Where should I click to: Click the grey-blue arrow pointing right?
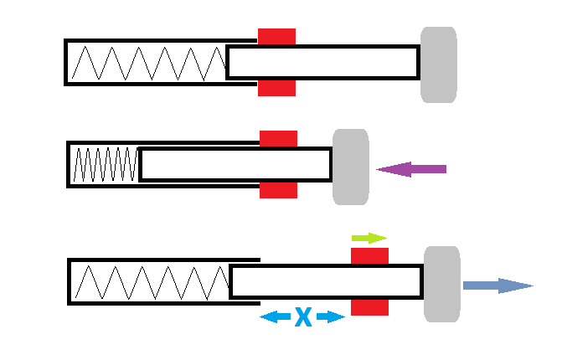point(498,285)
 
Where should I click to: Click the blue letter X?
point(302,316)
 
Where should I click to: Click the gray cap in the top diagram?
point(438,64)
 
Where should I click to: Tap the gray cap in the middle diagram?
point(350,167)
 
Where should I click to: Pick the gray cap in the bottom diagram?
point(441,284)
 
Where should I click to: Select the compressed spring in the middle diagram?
point(106,164)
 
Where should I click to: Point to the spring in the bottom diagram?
point(151,282)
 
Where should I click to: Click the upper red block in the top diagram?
point(276,36)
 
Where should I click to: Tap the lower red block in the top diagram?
point(276,88)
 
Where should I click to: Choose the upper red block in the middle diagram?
point(278,138)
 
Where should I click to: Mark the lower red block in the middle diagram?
point(278,190)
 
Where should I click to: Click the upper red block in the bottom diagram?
point(369,255)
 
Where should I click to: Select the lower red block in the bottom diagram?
point(369,307)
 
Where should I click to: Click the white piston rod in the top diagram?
point(322,63)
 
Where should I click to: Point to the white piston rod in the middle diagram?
point(235,164)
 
